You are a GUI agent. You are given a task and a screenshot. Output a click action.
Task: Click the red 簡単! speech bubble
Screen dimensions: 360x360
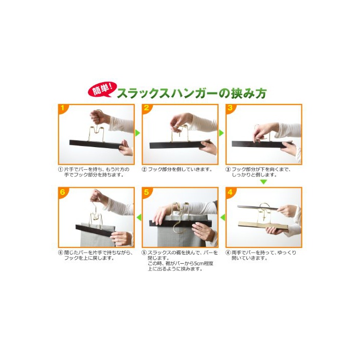pyautogui.click(x=102, y=89)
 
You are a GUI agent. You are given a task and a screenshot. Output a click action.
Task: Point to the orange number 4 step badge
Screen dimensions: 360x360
pyautogui.click(x=230, y=192)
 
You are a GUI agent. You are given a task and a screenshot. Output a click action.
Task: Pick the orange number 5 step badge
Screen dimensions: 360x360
pyautogui.click(x=147, y=192)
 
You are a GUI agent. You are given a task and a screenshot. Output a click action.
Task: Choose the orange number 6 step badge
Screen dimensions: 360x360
pyautogui.click(x=63, y=192)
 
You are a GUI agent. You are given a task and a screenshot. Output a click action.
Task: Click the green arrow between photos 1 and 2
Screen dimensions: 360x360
pyautogui.click(x=137, y=133)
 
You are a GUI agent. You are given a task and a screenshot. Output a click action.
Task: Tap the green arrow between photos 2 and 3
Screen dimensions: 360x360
pyautogui.click(x=221, y=133)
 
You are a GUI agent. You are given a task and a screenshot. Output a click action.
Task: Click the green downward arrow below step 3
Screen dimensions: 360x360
pyautogui.click(x=263, y=182)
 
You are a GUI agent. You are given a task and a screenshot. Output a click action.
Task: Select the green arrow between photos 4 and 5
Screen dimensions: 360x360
pyautogui.click(x=223, y=217)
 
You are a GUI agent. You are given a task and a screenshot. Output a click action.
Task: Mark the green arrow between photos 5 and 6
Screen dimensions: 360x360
pyautogui.click(x=139, y=217)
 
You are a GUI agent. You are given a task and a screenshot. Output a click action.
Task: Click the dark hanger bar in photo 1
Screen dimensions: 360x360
pyautogui.click(x=95, y=145)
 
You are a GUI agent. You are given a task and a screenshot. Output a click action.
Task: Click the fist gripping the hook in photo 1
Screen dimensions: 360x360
pyautogui.click(x=97, y=117)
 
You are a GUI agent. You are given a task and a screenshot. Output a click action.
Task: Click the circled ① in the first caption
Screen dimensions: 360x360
pyautogui.click(x=60, y=169)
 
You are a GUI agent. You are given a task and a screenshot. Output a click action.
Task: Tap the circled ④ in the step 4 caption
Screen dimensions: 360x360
pyautogui.click(x=228, y=253)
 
